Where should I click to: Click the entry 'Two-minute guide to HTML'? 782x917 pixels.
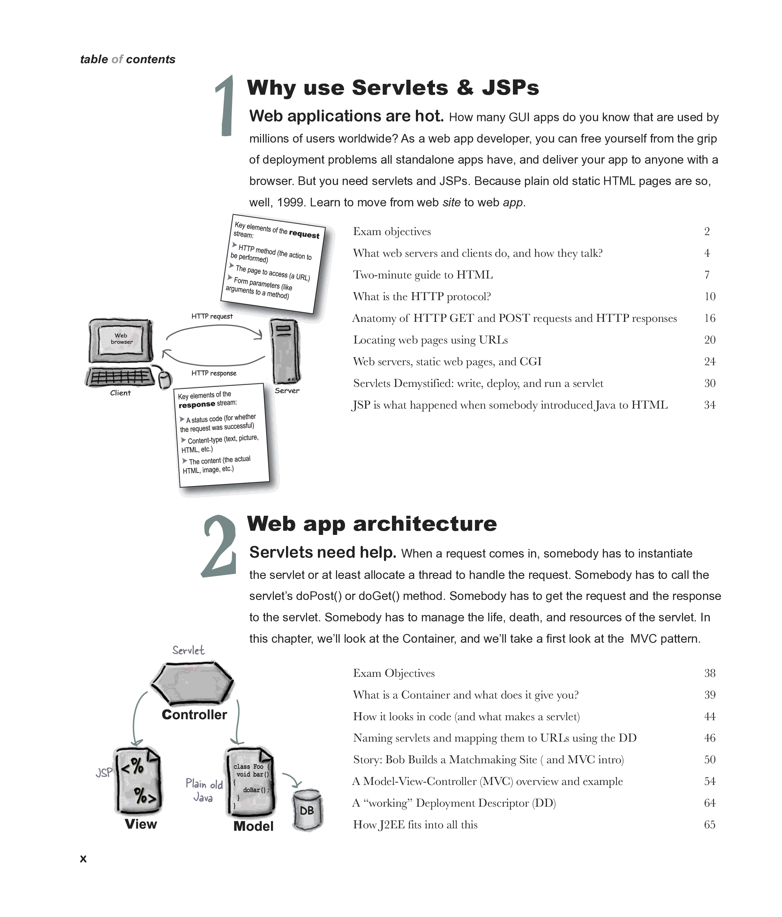tap(423, 275)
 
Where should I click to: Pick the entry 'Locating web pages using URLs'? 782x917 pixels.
tap(430, 340)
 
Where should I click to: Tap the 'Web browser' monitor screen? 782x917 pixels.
tap(121, 339)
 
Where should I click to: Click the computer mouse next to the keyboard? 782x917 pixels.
tap(165, 379)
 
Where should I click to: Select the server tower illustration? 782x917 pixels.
tap(286, 351)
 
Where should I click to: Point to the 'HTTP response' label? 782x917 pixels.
tap(214, 373)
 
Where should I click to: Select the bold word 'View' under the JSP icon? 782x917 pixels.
tap(141, 824)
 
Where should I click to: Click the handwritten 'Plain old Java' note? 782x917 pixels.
tap(204, 790)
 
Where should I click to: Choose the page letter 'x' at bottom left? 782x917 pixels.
tap(83, 859)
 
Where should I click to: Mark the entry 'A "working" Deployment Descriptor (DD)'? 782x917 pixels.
tap(454, 803)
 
